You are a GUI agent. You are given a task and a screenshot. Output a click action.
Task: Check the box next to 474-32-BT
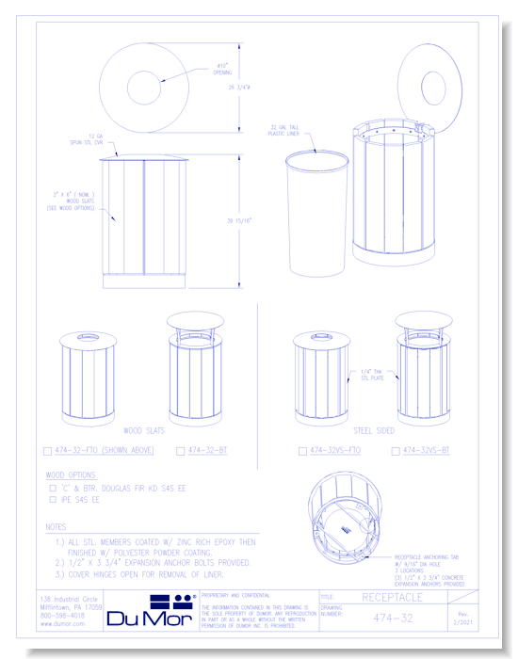(181, 451)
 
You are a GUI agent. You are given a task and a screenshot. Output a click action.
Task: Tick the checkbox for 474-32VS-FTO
(302, 451)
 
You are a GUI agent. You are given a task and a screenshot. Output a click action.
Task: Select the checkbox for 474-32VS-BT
(396, 451)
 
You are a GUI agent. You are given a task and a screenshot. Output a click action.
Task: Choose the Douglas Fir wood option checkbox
(53, 489)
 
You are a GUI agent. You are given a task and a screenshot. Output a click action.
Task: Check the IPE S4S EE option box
(53, 500)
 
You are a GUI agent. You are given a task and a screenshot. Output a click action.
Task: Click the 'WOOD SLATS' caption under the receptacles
(143, 430)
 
